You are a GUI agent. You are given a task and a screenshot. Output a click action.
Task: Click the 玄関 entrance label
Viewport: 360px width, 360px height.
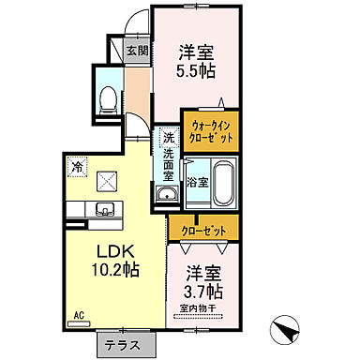[137, 51]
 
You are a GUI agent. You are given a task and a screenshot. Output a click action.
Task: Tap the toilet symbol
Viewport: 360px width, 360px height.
[108, 97]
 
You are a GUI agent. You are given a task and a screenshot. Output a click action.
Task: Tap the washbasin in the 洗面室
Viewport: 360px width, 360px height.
[167, 194]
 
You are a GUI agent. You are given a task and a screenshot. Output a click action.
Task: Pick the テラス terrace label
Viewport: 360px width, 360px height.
[122, 344]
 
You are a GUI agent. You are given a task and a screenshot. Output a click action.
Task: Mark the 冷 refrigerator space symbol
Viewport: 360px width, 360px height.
[76, 168]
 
